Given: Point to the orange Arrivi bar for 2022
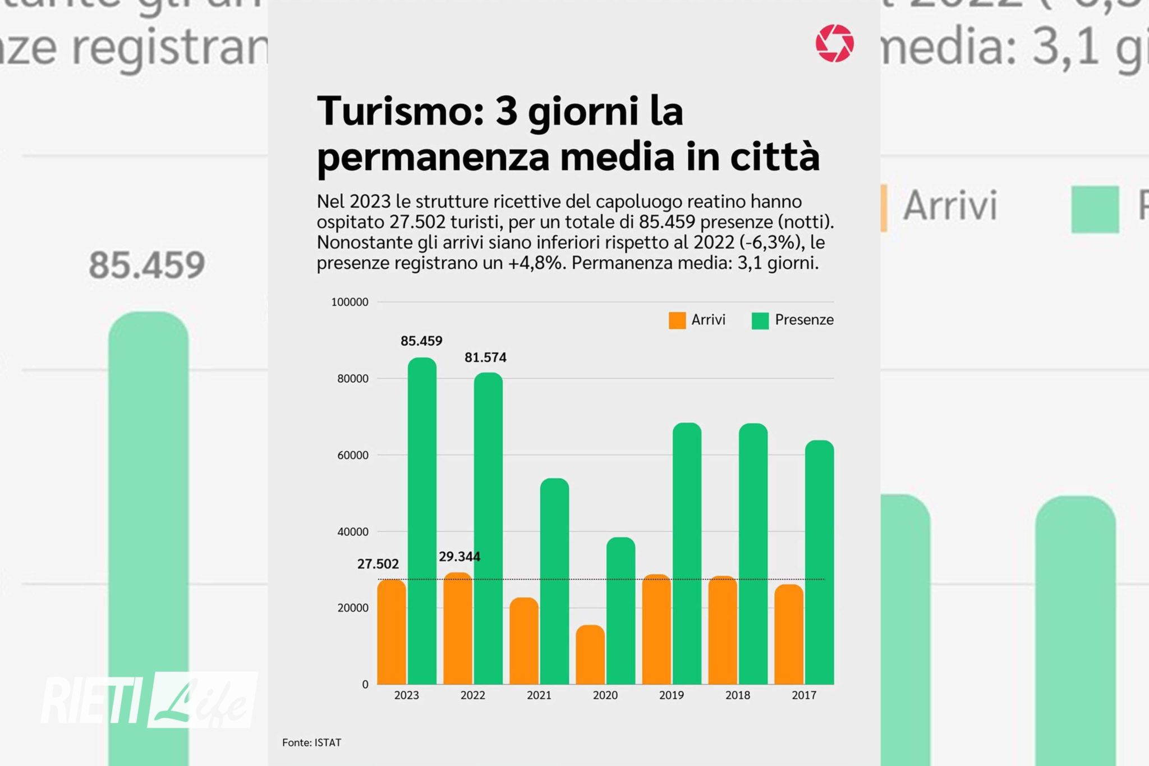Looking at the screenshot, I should coord(458,629).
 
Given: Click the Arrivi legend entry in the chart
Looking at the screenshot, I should coord(697,320).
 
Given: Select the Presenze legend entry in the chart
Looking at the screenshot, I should coord(792,320).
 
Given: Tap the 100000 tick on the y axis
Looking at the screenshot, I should coord(350,302).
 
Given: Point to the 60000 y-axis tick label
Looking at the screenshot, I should coord(353,455).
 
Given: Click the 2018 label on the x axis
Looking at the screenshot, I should coord(737,695).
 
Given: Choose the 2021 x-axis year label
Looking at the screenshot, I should coord(539,695).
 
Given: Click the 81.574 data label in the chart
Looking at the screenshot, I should coord(485,357).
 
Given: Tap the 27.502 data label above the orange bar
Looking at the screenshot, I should coord(378,564).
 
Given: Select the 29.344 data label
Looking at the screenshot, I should coord(459,557).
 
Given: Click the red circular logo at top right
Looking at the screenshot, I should coord(835,43).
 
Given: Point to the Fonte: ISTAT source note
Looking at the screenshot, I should coord(311,742).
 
